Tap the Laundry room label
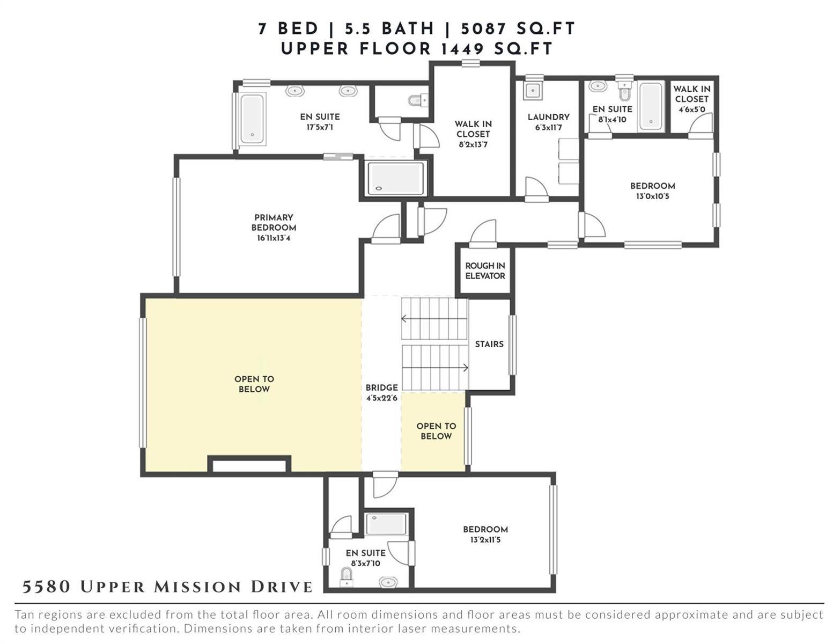point(549,118)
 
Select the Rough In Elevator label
point(485,271)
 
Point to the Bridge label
point(381,388)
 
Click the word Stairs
point(489,344)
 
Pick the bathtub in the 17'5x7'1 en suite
point(252,119)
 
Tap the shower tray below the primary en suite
point(396,178)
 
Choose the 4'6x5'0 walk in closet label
point(692,99)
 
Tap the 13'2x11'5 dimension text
point(485,540)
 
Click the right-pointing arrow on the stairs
point(435,368)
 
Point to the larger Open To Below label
point(254,384)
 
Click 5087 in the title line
point(484,29)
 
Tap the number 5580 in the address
point(46,587)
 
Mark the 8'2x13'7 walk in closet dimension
point(473,145)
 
